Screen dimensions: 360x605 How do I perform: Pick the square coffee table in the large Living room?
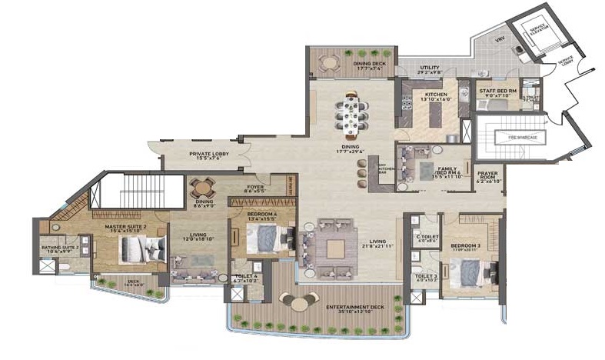tap(334, 248)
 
